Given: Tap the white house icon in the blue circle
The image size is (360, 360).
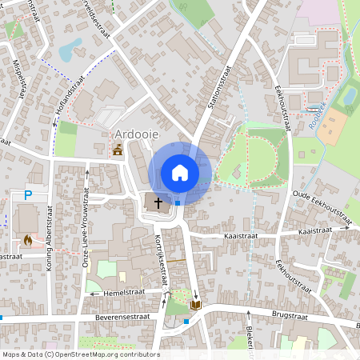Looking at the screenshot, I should [x=179, y=173].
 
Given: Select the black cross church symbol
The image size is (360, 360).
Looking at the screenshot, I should [x=158, y=202].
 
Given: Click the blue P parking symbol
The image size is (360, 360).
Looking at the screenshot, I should [x=28, y=194].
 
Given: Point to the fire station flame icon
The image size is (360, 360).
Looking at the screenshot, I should [x=28, y=239].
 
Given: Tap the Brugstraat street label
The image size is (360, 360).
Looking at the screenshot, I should [x=290, y=315].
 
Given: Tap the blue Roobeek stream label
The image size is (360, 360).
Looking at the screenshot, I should [x=318, y=106].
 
